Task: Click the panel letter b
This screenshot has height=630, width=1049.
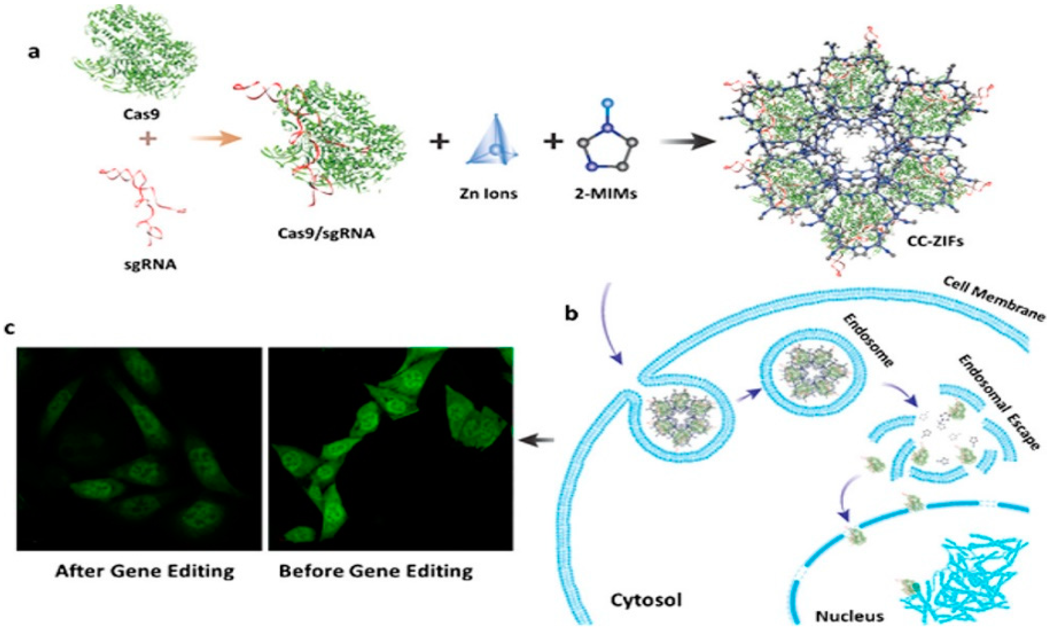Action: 571,314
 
